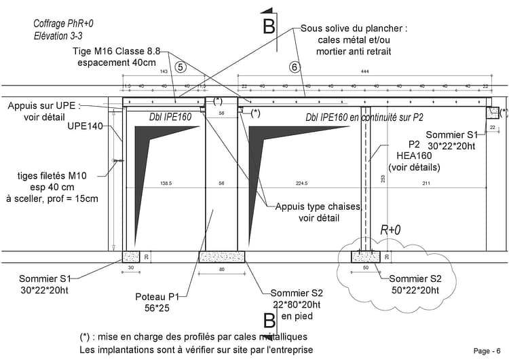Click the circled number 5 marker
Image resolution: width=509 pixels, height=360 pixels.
(x=179, y=67)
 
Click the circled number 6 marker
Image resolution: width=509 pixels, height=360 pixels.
(x=294, y=67)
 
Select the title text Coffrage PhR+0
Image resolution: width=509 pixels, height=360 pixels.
(x=63, y=24)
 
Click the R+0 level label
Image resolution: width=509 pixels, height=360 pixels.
(x=390, y=230)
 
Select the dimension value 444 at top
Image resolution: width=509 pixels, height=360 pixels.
(x=364, y=71)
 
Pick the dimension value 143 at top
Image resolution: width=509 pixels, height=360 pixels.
(x=163, y=71)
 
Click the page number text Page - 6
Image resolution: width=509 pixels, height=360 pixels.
(x=488, y=350)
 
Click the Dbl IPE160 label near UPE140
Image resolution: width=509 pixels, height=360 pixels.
(x=170, y=118)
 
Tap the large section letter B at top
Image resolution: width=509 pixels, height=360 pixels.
(x=269, y=26)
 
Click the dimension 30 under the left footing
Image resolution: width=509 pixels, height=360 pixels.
(x=130, y=268)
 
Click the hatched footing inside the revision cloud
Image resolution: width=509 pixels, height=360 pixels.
(x=366, y=257)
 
